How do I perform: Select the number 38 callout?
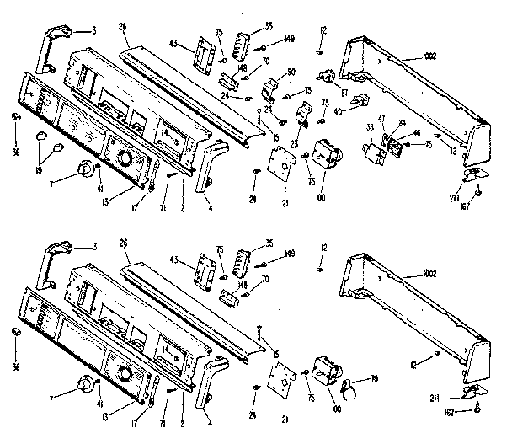pos(369,127)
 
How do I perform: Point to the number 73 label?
pos(324,103)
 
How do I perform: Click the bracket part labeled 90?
pos(272,87)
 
